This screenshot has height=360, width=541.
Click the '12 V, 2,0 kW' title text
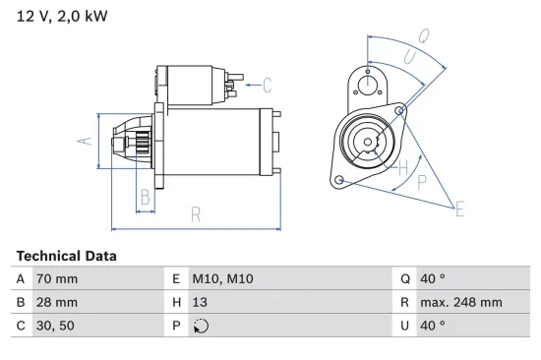(61, 17)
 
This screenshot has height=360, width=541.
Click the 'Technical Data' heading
(66, 256)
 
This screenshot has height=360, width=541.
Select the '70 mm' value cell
(57, 278)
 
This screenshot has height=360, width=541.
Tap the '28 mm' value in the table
(57, 302)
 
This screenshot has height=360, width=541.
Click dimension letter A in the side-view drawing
(84, 141)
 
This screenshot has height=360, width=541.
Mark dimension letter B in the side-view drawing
(145, 196)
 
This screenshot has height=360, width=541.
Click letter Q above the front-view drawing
(423, 36)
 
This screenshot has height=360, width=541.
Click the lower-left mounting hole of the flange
(339, 181)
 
